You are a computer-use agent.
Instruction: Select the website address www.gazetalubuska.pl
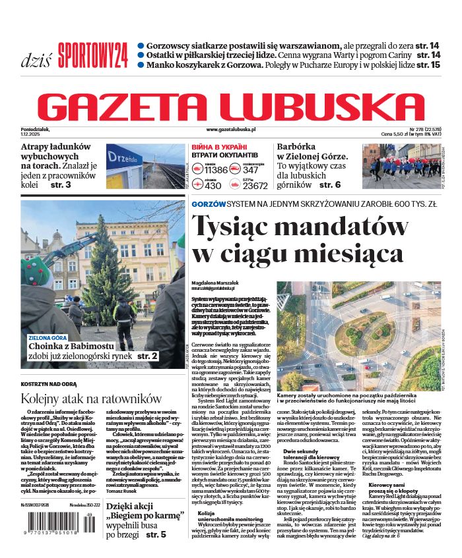230,130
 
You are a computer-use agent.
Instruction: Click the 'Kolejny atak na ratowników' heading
91,399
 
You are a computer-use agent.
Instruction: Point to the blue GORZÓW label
209,204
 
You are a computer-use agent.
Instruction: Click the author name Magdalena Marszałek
216,281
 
